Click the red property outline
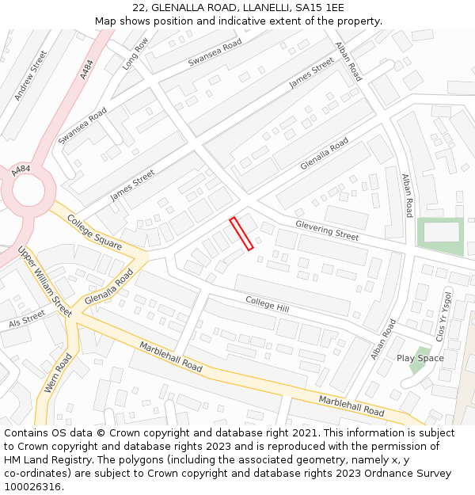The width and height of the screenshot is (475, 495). click(241, 234)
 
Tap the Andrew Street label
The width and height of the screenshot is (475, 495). click(31, 75)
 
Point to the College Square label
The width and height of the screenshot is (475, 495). click(94, 232)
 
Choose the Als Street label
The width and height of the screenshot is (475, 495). click(28, 318)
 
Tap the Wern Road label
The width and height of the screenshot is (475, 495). click(58, 372)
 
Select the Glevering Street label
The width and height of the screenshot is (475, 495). click(327, 230)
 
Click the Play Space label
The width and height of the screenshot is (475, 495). click(420, 358)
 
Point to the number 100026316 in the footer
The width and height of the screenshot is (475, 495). click(32, 486)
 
